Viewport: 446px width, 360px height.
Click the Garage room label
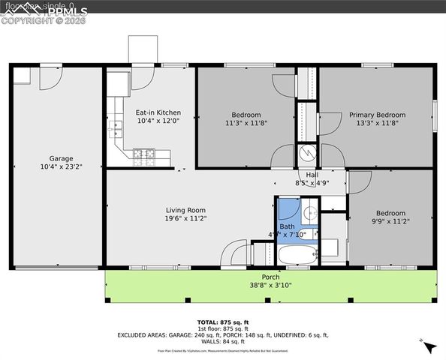pos(61,158)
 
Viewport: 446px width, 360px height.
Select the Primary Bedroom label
pos(377,115)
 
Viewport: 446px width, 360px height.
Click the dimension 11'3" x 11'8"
pos(246,123)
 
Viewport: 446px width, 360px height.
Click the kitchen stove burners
pos(143,156)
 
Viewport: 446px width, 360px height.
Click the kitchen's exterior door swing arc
pos(144,78)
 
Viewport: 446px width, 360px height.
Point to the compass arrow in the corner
pos(429,346)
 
